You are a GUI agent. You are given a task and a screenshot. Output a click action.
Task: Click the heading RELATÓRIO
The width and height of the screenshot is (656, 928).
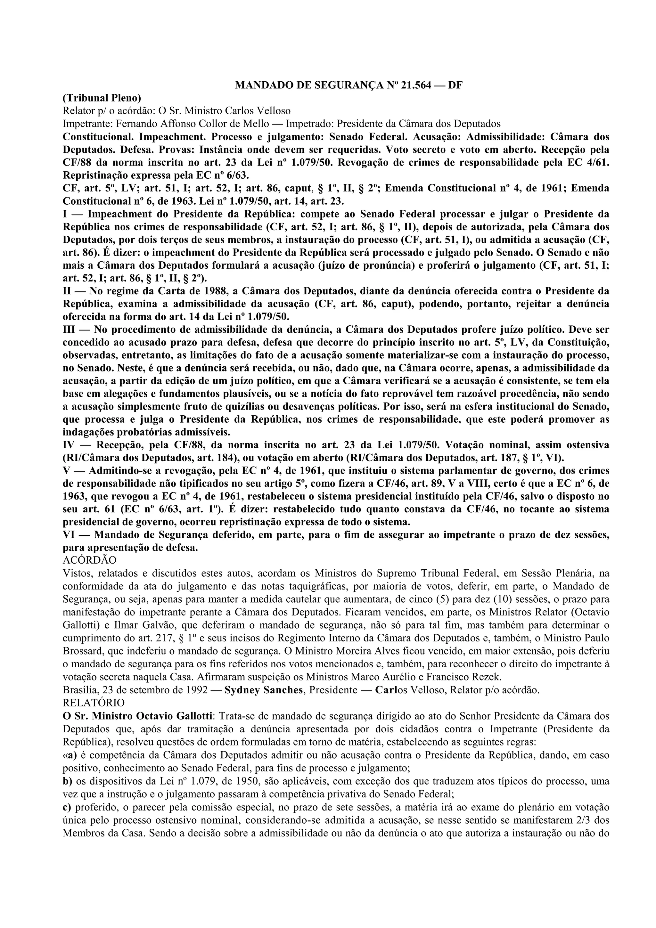pyautogui.click(x=94, y=703)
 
